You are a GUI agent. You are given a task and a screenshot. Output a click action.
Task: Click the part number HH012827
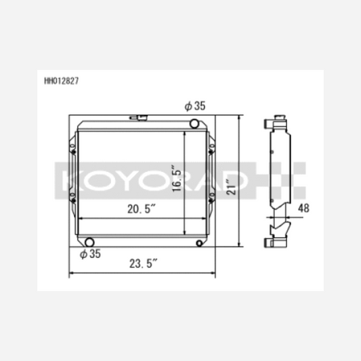click(x=62, y=81)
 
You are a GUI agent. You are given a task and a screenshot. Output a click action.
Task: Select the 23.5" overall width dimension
click(x=143, y=263)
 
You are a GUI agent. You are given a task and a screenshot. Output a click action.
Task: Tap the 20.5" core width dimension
click(x=142, y=209)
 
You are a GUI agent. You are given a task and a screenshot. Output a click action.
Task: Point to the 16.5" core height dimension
click(x=177, y=177)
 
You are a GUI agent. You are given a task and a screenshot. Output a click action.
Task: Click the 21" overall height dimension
click(x=231, y=187)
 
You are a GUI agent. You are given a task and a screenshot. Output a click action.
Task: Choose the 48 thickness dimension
click(x=303, y=209)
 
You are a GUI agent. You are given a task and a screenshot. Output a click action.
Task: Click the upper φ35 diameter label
click(x=195, y=106)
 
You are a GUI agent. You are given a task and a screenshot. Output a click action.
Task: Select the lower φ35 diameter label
click(x=90, y=254)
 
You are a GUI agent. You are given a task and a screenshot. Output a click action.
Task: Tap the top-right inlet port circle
click(x=194, y=124)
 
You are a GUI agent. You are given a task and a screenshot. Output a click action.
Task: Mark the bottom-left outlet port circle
click(x=89, y=242)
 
